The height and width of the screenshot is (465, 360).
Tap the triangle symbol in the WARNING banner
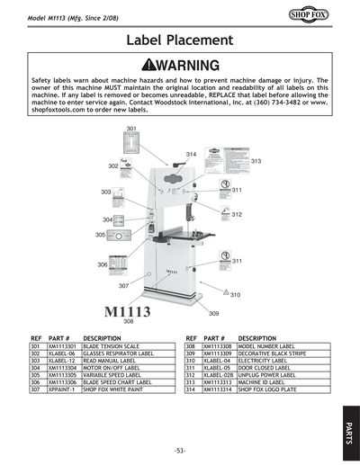148,66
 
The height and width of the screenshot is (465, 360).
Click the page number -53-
179,450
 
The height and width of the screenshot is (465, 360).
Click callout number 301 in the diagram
131,130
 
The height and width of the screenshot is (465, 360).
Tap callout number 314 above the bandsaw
191,156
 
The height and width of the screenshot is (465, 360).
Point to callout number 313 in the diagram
256,161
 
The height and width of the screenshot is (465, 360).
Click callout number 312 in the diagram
237,215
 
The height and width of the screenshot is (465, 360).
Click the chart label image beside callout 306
127,265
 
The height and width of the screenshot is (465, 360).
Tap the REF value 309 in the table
190,352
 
